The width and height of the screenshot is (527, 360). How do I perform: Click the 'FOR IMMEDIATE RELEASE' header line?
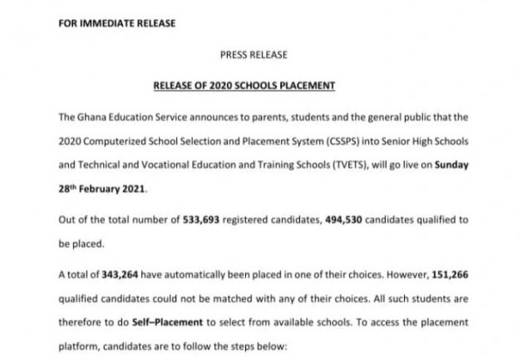pyautogui.click(x=116, y=22)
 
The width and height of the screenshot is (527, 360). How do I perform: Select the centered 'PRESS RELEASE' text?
pyautogui.click(x=253, y=55)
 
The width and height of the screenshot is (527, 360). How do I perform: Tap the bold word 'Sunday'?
pyautogui.click(x=451, y=165)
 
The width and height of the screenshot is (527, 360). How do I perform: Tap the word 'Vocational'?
pyautogui.click(x=163, y=165)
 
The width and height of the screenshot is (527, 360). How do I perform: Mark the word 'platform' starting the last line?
pyautogui.click(x=80, y=344)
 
